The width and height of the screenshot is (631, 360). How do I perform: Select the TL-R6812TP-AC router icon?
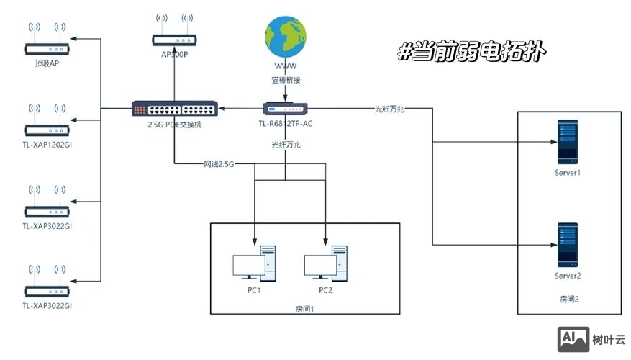286,109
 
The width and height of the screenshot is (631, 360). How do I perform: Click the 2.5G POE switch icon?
174,109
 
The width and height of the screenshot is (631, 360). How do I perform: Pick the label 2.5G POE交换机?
174,125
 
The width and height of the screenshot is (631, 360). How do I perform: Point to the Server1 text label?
568,174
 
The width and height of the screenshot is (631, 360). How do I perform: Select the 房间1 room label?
305,309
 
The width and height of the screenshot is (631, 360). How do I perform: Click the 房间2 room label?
569,298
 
